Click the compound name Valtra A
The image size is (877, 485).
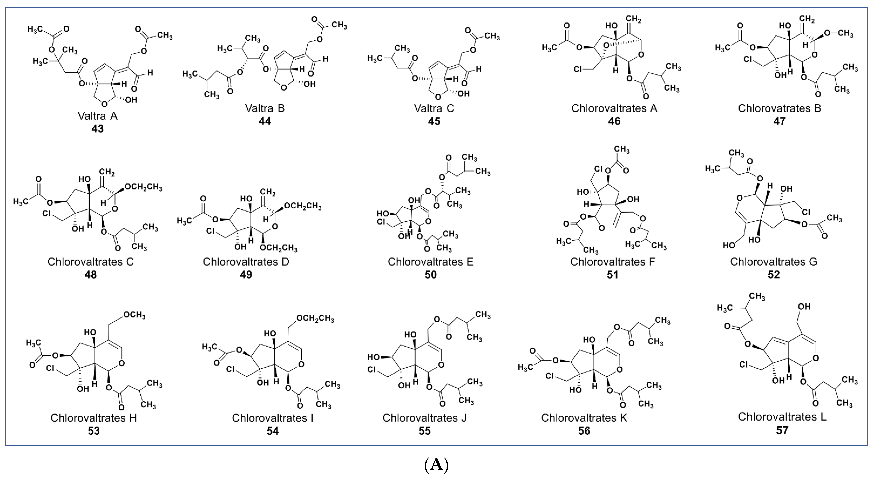tap(97, 116)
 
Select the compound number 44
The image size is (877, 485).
tap(265, 121)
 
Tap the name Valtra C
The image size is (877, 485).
tap(434, 108)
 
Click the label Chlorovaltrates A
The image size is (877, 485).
tap(614, 108)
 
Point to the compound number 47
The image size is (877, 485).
tap(779, 121)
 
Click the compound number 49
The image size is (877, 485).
tap(246, 275)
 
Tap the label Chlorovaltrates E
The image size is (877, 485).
tap(430, 262)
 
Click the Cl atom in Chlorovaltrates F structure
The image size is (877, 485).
tap(599, 169)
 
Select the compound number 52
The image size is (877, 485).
tap(774, 275)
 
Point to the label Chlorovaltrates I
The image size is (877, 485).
tap(272, 418)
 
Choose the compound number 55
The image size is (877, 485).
tap(424, 431)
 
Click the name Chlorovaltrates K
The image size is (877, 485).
tap(584, 418)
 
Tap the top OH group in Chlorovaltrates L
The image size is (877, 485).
tap(804, 307)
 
